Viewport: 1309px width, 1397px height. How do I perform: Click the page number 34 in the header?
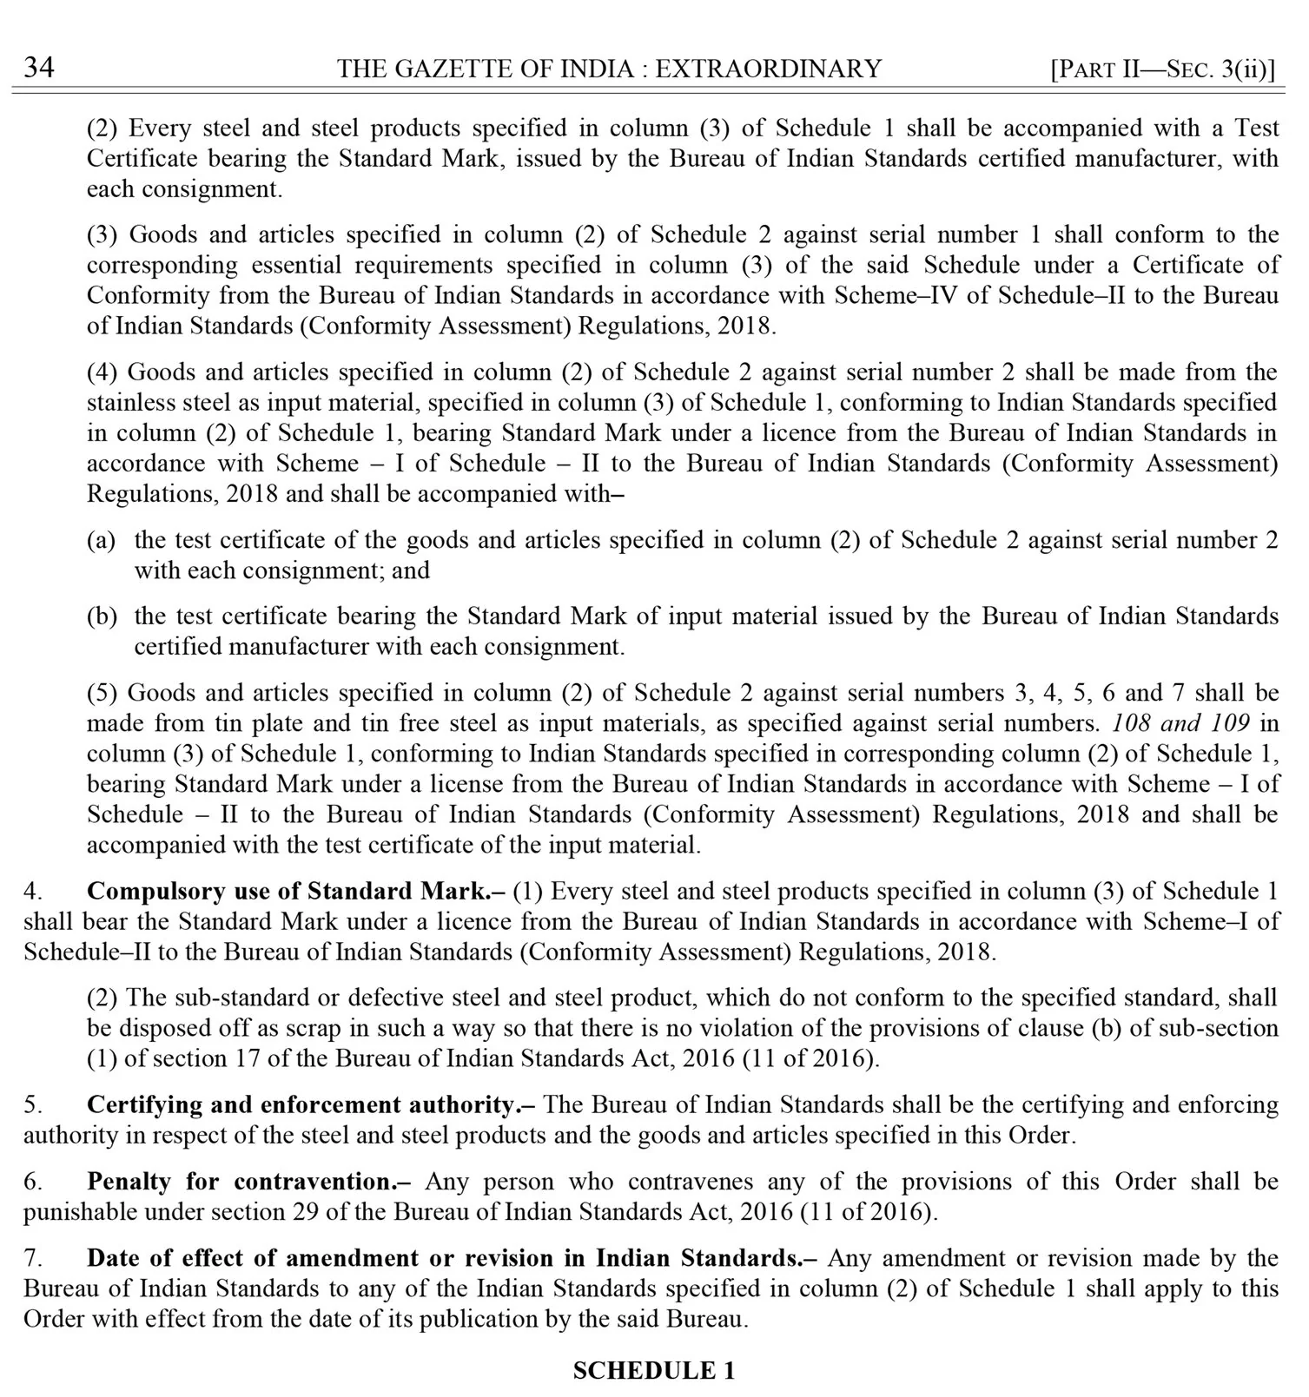tap(38, 68)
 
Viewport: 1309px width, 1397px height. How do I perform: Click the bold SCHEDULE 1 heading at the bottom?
tap(653, 1370)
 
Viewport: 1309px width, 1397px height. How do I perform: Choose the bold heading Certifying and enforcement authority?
tap(311, 1105)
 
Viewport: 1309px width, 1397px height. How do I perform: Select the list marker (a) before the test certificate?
tap(101, 540)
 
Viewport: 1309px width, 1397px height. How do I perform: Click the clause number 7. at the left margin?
tap(33, 1258)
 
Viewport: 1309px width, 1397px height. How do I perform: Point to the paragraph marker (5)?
tap(103, 693)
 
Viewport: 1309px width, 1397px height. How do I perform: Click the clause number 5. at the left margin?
tap(33, 1105)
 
